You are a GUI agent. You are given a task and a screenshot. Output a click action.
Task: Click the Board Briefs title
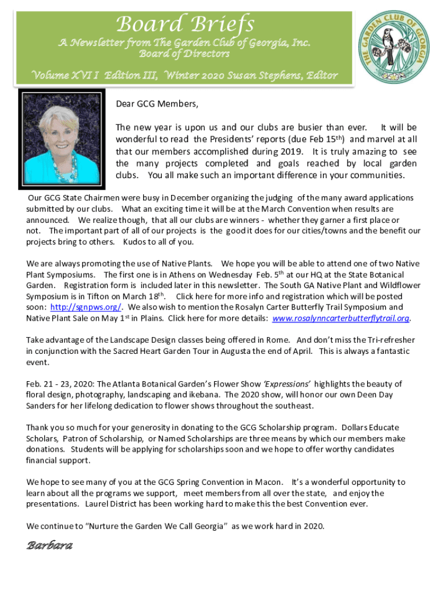(x=185, y=24)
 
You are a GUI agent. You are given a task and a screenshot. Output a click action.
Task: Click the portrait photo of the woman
(x=62, y=140)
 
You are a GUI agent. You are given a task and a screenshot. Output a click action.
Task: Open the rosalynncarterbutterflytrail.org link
(x=341, y=318)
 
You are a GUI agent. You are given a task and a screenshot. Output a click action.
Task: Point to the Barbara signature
(x=49, y=546)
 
